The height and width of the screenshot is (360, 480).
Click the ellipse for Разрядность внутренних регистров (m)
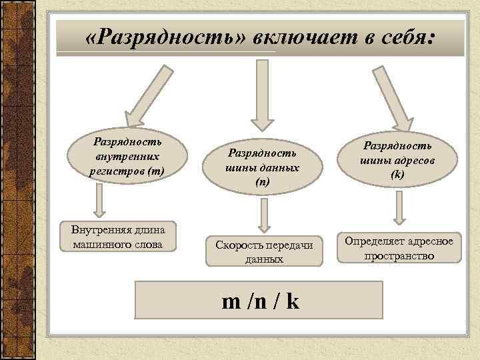(x=127, y=157)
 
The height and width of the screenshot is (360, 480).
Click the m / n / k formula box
(x=259, y=300)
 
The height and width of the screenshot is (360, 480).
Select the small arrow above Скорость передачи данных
(x=264, y=214)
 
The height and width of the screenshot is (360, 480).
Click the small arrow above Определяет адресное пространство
(x=399, y=207)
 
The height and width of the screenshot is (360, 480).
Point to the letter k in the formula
(x=293, y=301)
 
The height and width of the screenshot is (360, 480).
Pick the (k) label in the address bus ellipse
(x=398, y=175)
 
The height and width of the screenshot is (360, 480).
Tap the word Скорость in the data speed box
(x=239, y=245)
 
